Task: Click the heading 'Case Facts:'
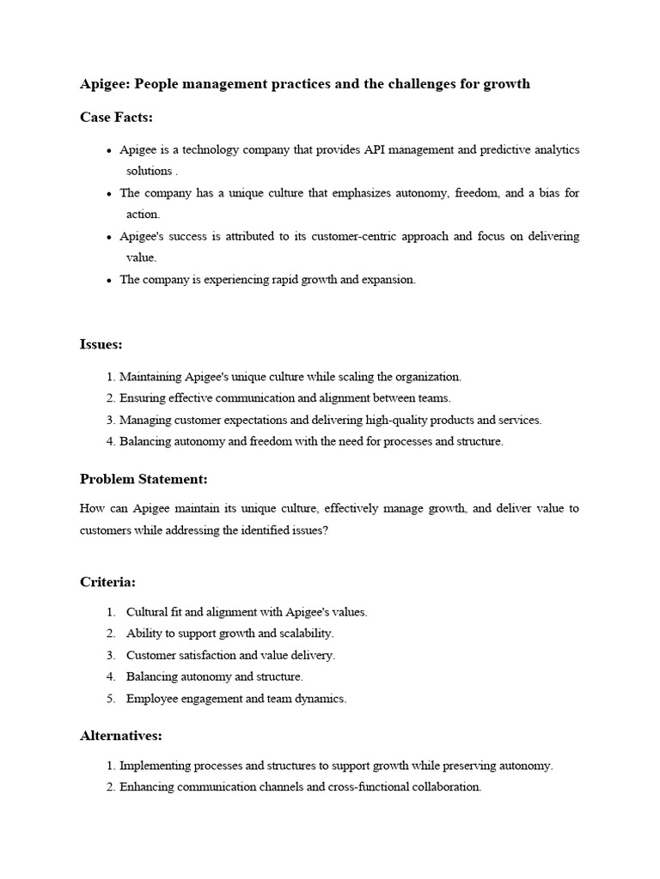pyautogui.click(x=116, y=117)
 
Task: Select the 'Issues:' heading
pyautogui.click(x=101, y=344)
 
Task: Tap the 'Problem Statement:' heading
pyautogui.click(x=144, y=478)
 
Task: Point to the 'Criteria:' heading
pyautogui.click(x=107, y=582)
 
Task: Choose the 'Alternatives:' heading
pyautogui.click(x=121, y=736)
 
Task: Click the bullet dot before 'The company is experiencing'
pyautogui.click(x=109, y=281)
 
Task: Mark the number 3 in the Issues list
pyautogui.click(x=111, y=421)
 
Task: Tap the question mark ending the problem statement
pyautogui.click(x=325, y=530)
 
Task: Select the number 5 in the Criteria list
pyautogui.click(x=111, y=699)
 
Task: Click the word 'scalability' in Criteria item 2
pyautogui.click(x=306, y=633)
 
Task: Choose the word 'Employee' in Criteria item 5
pyautogui.click(x=151, y=699)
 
